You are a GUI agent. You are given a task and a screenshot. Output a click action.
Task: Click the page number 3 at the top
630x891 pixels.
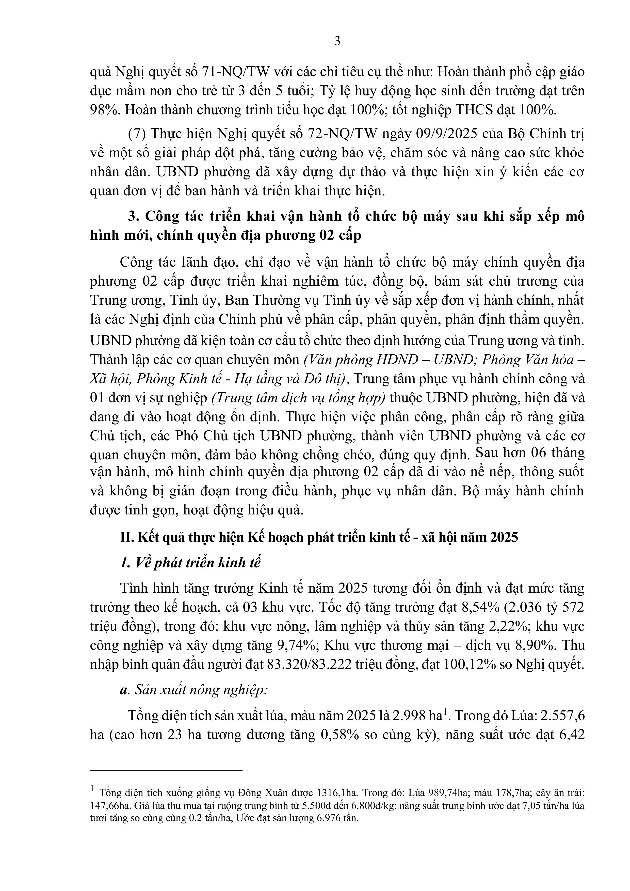click(337, 41)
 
